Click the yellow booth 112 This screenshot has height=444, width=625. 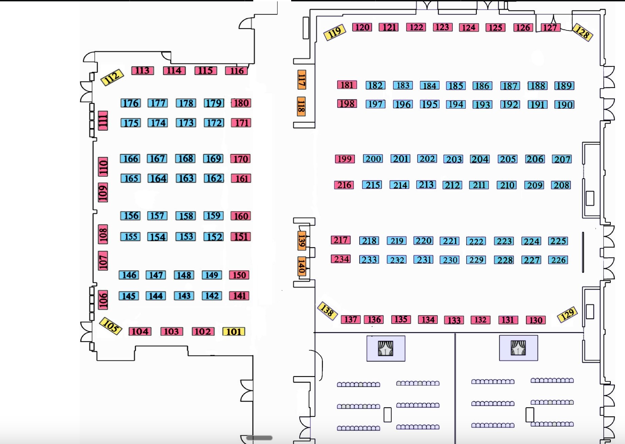click(x=112, y=77)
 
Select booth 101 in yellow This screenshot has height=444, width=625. click(x=234, y=332)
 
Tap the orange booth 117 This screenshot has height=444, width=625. click(x=302, y=80)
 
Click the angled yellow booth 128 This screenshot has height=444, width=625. click(x=582, y=32)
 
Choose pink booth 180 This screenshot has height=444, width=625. click(x=241, y=103)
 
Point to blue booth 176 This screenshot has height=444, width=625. click(x=131, y=103)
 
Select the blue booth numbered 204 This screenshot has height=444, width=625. click(x=480, y=159)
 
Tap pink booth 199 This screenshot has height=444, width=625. click(x=345, y=159)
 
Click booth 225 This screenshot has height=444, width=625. click(x=558, y=241)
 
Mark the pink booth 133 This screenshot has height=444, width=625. click(x=454, y=320)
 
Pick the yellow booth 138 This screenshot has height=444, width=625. click(x=327, y=311)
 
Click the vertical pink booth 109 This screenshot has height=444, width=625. click(x=103, y=193)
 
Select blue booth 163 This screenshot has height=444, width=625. click(x=186, y=178)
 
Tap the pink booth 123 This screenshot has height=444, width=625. click(x=442, y=27)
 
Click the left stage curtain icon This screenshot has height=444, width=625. click(x=386, y=348)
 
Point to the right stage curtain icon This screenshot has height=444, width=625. click(x=518, y=348)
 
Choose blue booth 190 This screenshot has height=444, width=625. click(x=564, y=105)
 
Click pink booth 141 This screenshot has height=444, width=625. click(x=239, y=296)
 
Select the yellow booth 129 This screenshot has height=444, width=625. click(x=567, y=314)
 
